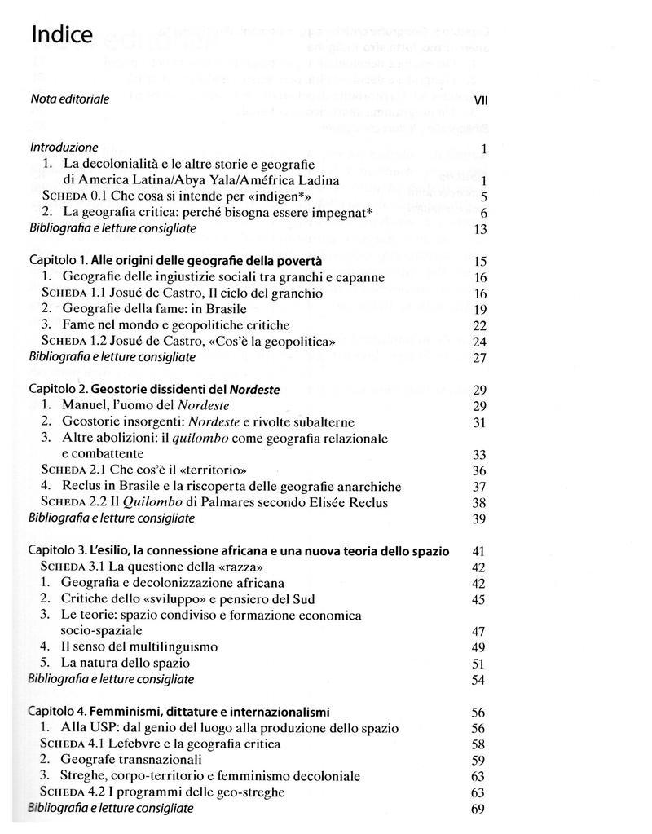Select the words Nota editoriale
70,99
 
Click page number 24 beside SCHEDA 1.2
479,342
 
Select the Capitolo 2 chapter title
154,390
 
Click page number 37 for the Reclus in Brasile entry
479,487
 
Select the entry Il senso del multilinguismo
139,646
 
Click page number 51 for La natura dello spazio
479,663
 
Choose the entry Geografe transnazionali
131,760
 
